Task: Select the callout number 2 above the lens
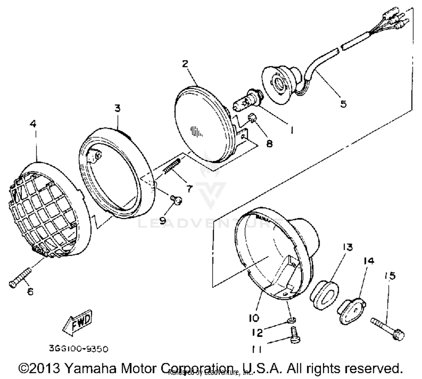[185, 64]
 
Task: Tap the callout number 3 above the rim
[117, 108]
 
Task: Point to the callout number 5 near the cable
[343, 104]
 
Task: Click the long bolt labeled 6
[20, 278]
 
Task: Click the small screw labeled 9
[177, 200]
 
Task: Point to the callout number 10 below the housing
[254, 318]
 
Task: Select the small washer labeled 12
[292, 320]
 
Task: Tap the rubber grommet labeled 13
[324, 294]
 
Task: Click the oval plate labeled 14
[352, 311]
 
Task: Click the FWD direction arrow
[77, 323]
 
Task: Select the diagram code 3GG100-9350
[78, 349]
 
